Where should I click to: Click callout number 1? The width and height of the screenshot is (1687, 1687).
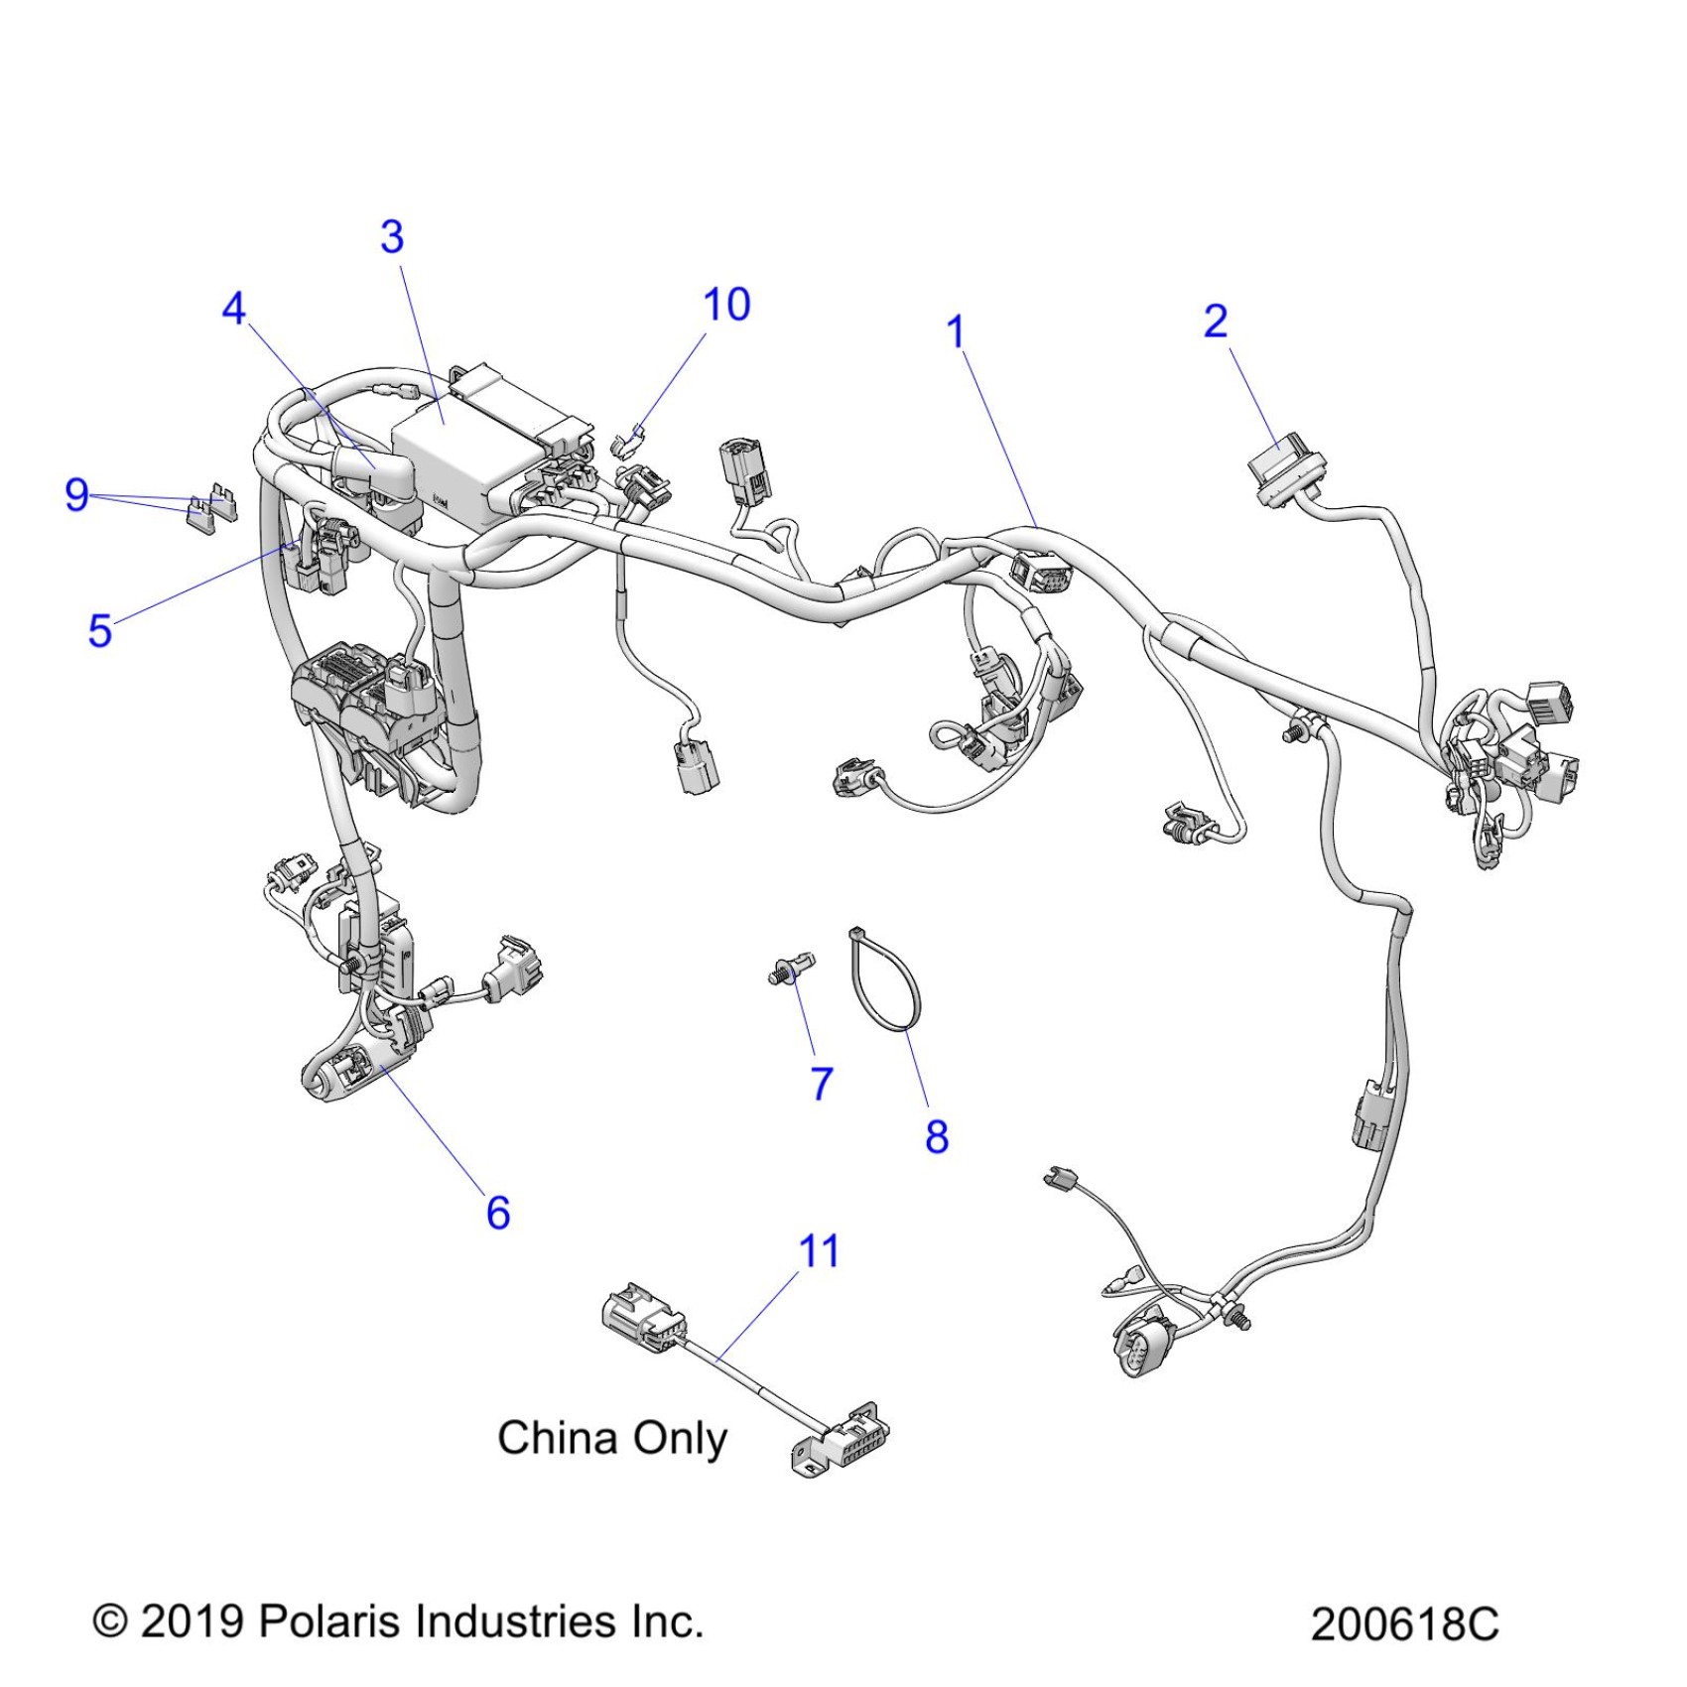click(956, 331)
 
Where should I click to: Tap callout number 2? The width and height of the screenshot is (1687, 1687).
click(1216, 321)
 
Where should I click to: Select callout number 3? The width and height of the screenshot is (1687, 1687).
click(392, 237)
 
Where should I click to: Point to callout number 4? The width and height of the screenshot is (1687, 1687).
click(233, 309)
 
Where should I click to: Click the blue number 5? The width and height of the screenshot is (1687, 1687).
click(99, 630)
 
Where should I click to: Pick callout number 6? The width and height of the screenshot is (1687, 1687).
click(498, 1213)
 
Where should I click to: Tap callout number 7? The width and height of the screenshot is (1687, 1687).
click(822, 1084)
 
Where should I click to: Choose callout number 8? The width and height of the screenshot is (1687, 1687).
click(937, 1136)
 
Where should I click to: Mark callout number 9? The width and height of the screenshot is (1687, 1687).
click(76, 494)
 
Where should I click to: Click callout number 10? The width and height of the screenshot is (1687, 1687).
click(726, 305)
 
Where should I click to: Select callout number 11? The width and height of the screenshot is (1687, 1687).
click(820, 1251)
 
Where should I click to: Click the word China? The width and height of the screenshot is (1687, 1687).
click(557, 1438)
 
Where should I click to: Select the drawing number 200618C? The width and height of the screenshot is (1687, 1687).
click(1403, 1624)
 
